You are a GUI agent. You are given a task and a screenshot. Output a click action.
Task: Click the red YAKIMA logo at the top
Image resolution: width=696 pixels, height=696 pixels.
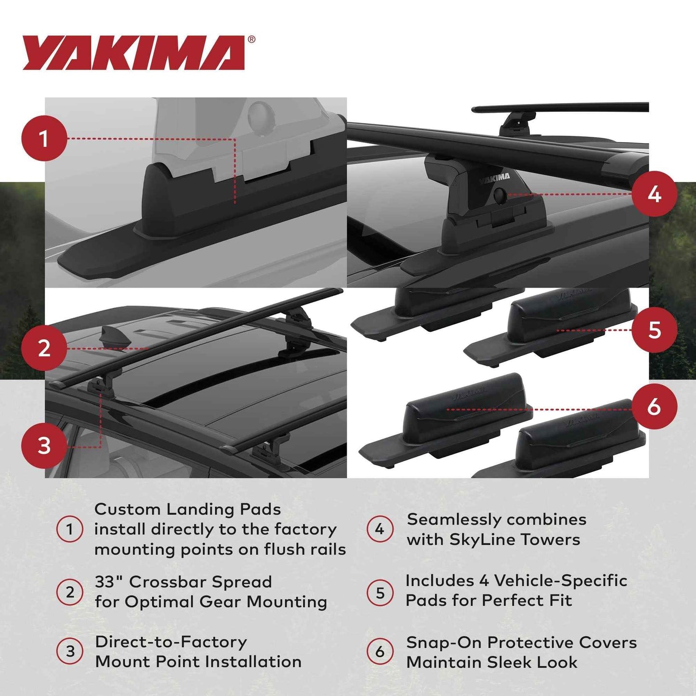point(133,53)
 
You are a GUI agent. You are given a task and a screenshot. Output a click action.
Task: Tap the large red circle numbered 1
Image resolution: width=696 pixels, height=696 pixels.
point(44,139)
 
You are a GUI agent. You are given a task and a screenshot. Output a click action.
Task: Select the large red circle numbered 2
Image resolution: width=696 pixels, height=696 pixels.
point(44,348)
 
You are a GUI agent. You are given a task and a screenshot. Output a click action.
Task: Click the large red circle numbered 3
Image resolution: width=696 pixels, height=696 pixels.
point(44,446)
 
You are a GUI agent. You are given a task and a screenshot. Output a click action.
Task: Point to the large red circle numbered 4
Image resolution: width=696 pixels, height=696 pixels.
point(654,194)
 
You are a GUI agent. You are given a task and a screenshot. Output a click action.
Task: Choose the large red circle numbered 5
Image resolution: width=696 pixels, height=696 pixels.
point(654,330)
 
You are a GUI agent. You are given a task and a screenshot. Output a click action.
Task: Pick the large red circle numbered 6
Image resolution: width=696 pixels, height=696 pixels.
point(654,407)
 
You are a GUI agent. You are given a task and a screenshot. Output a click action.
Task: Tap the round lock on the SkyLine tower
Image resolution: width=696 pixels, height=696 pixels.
point(499,195)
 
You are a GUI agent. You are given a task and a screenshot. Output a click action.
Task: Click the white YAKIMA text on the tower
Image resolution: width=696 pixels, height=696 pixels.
point(494,179)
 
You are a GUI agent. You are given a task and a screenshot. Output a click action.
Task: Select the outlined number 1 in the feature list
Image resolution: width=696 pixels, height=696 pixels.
point(70,529)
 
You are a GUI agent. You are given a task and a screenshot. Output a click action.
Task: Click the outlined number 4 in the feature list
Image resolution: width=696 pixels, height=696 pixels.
point(380,529)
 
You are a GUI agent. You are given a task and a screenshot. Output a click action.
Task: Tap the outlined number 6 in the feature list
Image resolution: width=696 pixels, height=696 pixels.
point(380,652)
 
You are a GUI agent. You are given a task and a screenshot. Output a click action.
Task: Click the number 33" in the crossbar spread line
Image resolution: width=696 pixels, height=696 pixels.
point(109,582)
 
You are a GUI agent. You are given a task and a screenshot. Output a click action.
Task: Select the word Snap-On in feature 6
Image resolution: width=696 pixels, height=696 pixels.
point(444,643)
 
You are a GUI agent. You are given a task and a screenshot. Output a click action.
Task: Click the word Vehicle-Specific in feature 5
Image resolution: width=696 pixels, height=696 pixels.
point(560,581)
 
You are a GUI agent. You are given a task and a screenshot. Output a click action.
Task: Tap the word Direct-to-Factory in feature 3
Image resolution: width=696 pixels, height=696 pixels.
point(171,642)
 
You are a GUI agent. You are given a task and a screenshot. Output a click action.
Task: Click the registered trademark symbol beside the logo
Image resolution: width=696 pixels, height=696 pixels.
point(251,40)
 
